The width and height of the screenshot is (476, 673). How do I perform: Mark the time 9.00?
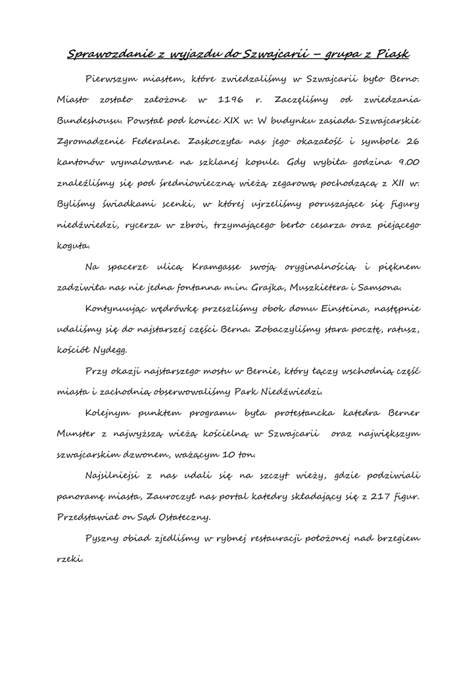(405, 161)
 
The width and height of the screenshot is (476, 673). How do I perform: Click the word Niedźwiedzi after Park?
(295, 392)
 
